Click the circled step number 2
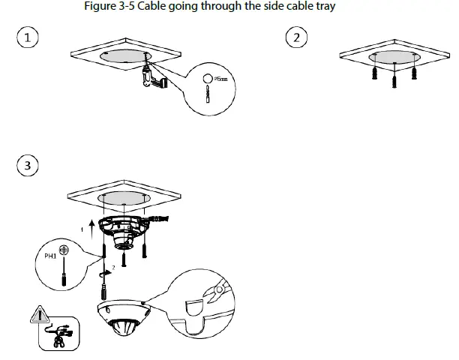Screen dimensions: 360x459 point(298,38)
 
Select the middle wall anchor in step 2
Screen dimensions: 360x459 point(393,78)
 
